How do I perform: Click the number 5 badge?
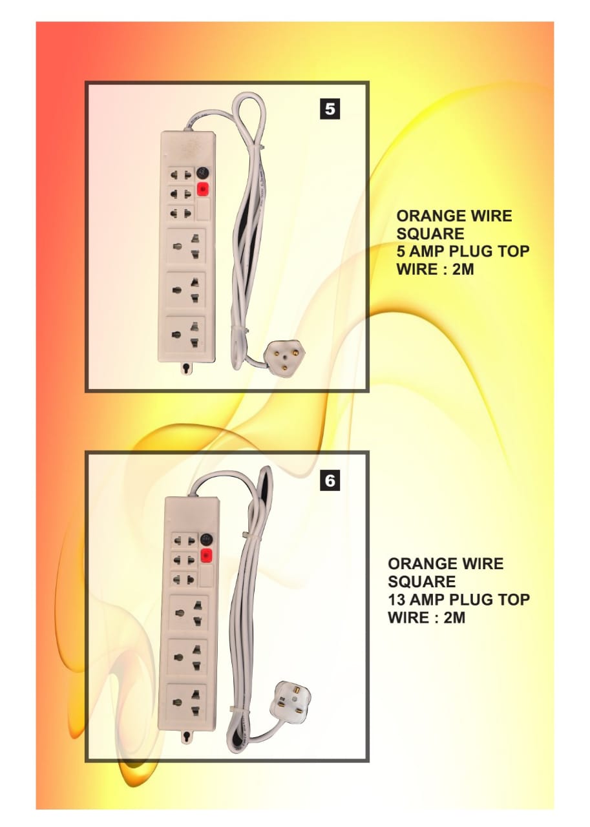click(330, 109)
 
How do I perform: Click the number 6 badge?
click(330, 481)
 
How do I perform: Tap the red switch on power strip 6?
click(207, 556)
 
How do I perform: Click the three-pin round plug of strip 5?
click(285, 356)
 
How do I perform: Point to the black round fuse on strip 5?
click(203, 173)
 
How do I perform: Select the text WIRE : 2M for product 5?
click(435, 269)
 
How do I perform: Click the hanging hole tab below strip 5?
click(186, 370)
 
